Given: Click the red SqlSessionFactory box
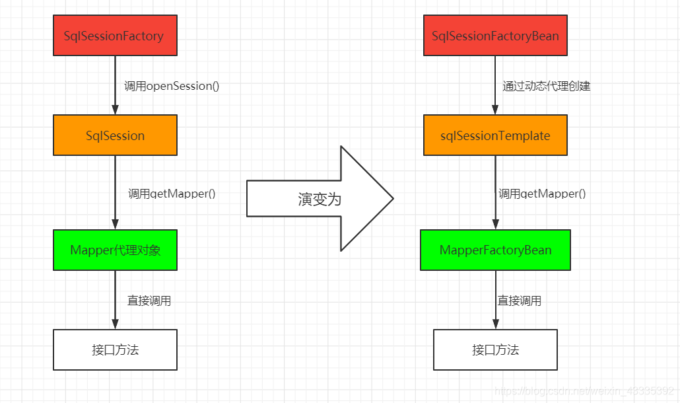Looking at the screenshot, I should [x=115, y=36].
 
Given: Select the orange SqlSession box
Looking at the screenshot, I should [x=115, y=135].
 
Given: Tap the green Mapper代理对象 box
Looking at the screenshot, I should [x=115, y=250].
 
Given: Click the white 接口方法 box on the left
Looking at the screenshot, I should [x=115, y=349].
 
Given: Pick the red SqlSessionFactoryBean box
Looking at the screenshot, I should [x=495, y=36].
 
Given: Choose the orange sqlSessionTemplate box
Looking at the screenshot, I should [x=495, y=135].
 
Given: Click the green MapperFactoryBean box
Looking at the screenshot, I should [x=495, y=250].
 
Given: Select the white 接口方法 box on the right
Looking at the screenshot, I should [x=495, y=349].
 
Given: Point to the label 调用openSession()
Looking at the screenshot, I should [x=172, y=86].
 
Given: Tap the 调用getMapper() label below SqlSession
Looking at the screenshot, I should [x=172, y=194].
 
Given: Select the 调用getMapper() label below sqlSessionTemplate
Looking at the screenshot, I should [x=542, y=194].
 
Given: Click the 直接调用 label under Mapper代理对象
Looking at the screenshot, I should [x=149, y=301].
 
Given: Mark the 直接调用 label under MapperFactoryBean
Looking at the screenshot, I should [x=520, y=301].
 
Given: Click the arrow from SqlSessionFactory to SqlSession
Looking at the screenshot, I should [x=115, y=85].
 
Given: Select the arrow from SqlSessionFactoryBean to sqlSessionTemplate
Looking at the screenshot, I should [x=495, y=85].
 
